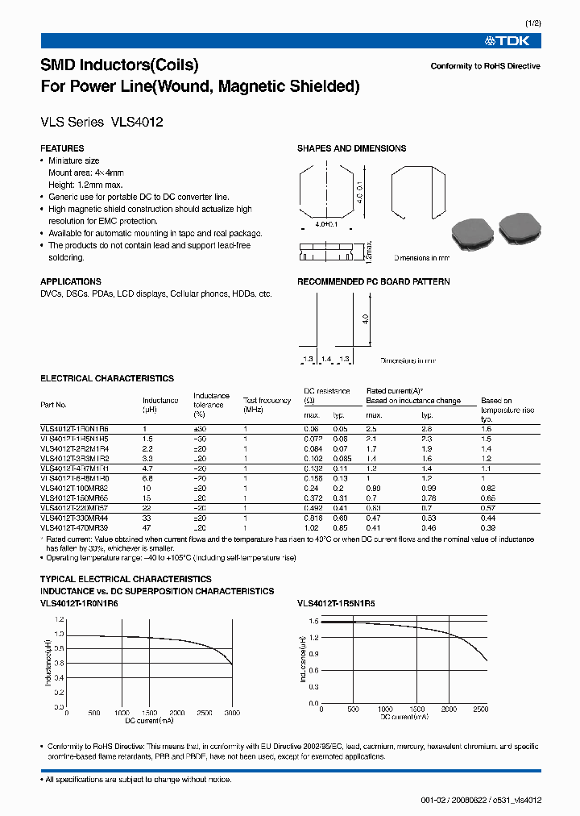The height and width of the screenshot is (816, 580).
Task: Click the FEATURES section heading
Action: (62, 148)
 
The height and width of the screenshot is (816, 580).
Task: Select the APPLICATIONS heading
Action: (70, 282)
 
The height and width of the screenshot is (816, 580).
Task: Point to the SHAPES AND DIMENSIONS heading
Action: (351, 148)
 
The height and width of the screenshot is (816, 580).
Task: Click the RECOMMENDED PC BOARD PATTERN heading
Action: (373, 282)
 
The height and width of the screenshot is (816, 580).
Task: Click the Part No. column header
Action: (53, 405)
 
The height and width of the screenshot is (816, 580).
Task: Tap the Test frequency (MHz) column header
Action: (267, 405)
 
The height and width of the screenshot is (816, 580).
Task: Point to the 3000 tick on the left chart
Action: (233, 714)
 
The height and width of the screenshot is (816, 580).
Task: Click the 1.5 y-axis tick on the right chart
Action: (314, 622)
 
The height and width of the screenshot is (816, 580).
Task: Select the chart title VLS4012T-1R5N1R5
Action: (336, 603)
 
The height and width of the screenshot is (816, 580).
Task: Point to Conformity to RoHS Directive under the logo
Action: (485, 66)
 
